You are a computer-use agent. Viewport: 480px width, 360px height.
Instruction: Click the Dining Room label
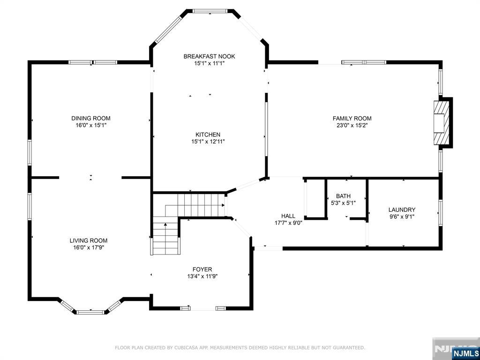click(91, 119)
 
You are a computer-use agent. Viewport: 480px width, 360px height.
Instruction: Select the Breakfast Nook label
click(210, 56)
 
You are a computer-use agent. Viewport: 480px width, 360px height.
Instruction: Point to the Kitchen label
click(208, 135)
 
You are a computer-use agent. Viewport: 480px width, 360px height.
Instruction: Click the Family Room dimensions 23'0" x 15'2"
click(352, 125)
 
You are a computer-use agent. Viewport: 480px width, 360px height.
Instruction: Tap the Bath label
click(344, 196)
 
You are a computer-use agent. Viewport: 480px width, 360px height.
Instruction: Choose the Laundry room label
click(402, 210)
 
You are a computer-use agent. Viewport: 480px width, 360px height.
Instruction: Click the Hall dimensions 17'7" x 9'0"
click(289, 223)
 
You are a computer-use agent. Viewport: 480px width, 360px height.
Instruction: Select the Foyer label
click(202, 270)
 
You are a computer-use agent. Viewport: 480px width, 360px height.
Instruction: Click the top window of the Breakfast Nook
click(210, 11)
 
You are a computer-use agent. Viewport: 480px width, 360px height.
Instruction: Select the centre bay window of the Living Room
click(90, 312)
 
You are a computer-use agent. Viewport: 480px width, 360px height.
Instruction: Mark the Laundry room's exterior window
click(441, 213)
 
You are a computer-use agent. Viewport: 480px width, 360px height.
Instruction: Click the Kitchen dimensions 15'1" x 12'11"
click(208, 142)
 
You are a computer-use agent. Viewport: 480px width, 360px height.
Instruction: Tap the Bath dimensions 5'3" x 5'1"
click(344, 202)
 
